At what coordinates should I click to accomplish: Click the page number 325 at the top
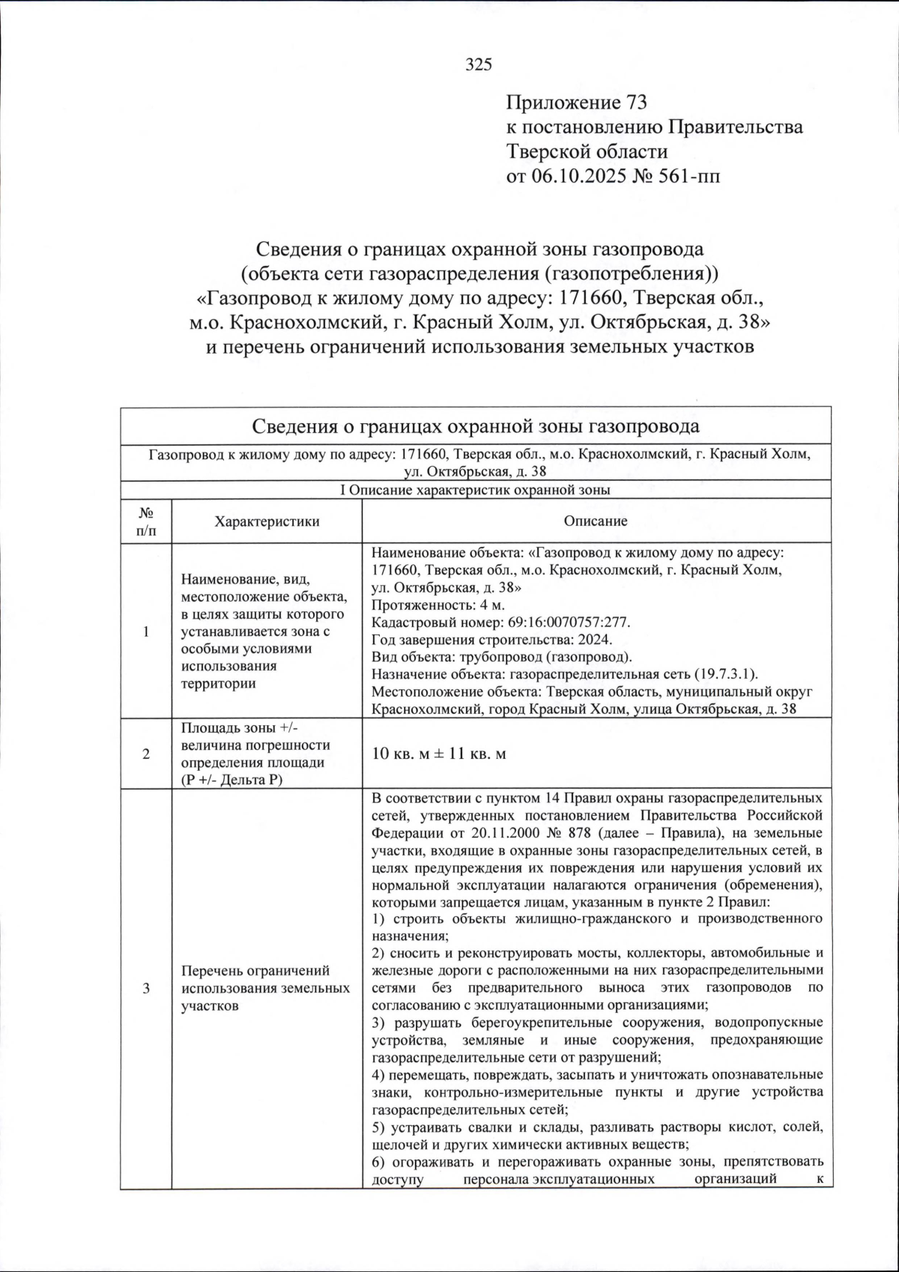(479, 64)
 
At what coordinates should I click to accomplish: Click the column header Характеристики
(267, 521)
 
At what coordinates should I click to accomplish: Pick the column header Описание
(596, 521)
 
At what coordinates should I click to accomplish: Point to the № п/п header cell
(146, 521)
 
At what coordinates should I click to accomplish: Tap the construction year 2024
(596, 640)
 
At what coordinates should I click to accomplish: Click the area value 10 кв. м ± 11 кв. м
(439, 754)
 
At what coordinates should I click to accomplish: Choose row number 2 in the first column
(146, 754)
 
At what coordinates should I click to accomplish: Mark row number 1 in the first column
(146, 632)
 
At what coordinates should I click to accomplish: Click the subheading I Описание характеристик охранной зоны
(475, 491)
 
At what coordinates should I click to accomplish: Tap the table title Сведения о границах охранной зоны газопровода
(475, 427)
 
